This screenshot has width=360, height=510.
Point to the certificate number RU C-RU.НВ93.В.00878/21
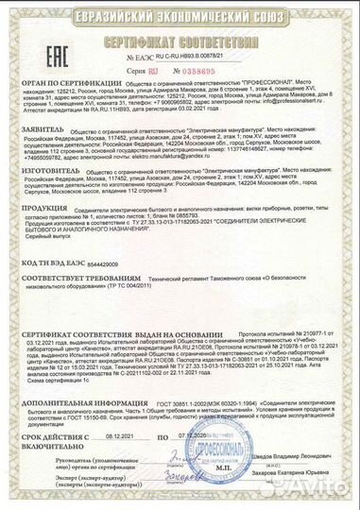pyautogui.click(x=179, y=59)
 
